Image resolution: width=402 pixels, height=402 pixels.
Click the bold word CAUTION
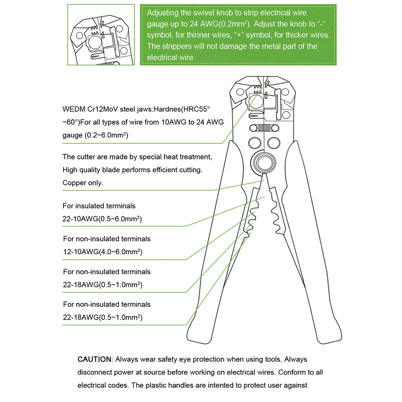click(94, 359)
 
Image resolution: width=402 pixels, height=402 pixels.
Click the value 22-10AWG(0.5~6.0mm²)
click(102, 219)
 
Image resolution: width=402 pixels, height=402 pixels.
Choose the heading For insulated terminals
click(99, 206)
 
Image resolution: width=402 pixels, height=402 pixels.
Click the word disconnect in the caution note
click(96, 372)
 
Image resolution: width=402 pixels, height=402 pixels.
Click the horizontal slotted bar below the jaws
click(264, 128)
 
